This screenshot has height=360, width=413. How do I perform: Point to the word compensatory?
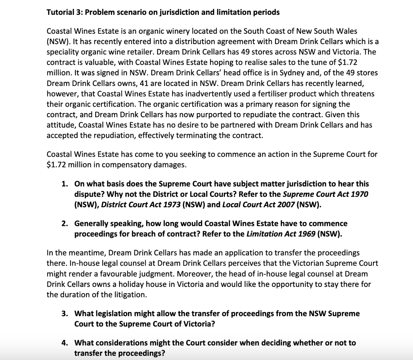tap(126, 165)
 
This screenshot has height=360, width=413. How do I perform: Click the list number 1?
tap(65, 184)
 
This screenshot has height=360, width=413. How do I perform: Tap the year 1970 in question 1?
tap(359, 194)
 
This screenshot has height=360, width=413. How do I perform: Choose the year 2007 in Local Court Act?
tap(286, 205)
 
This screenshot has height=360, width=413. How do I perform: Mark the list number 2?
tap(65, 223)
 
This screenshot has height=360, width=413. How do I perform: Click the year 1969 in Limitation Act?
tap(306, 234)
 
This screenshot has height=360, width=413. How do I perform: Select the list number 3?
tap(65, 314)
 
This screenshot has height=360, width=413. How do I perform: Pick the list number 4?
tap(65, 343)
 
